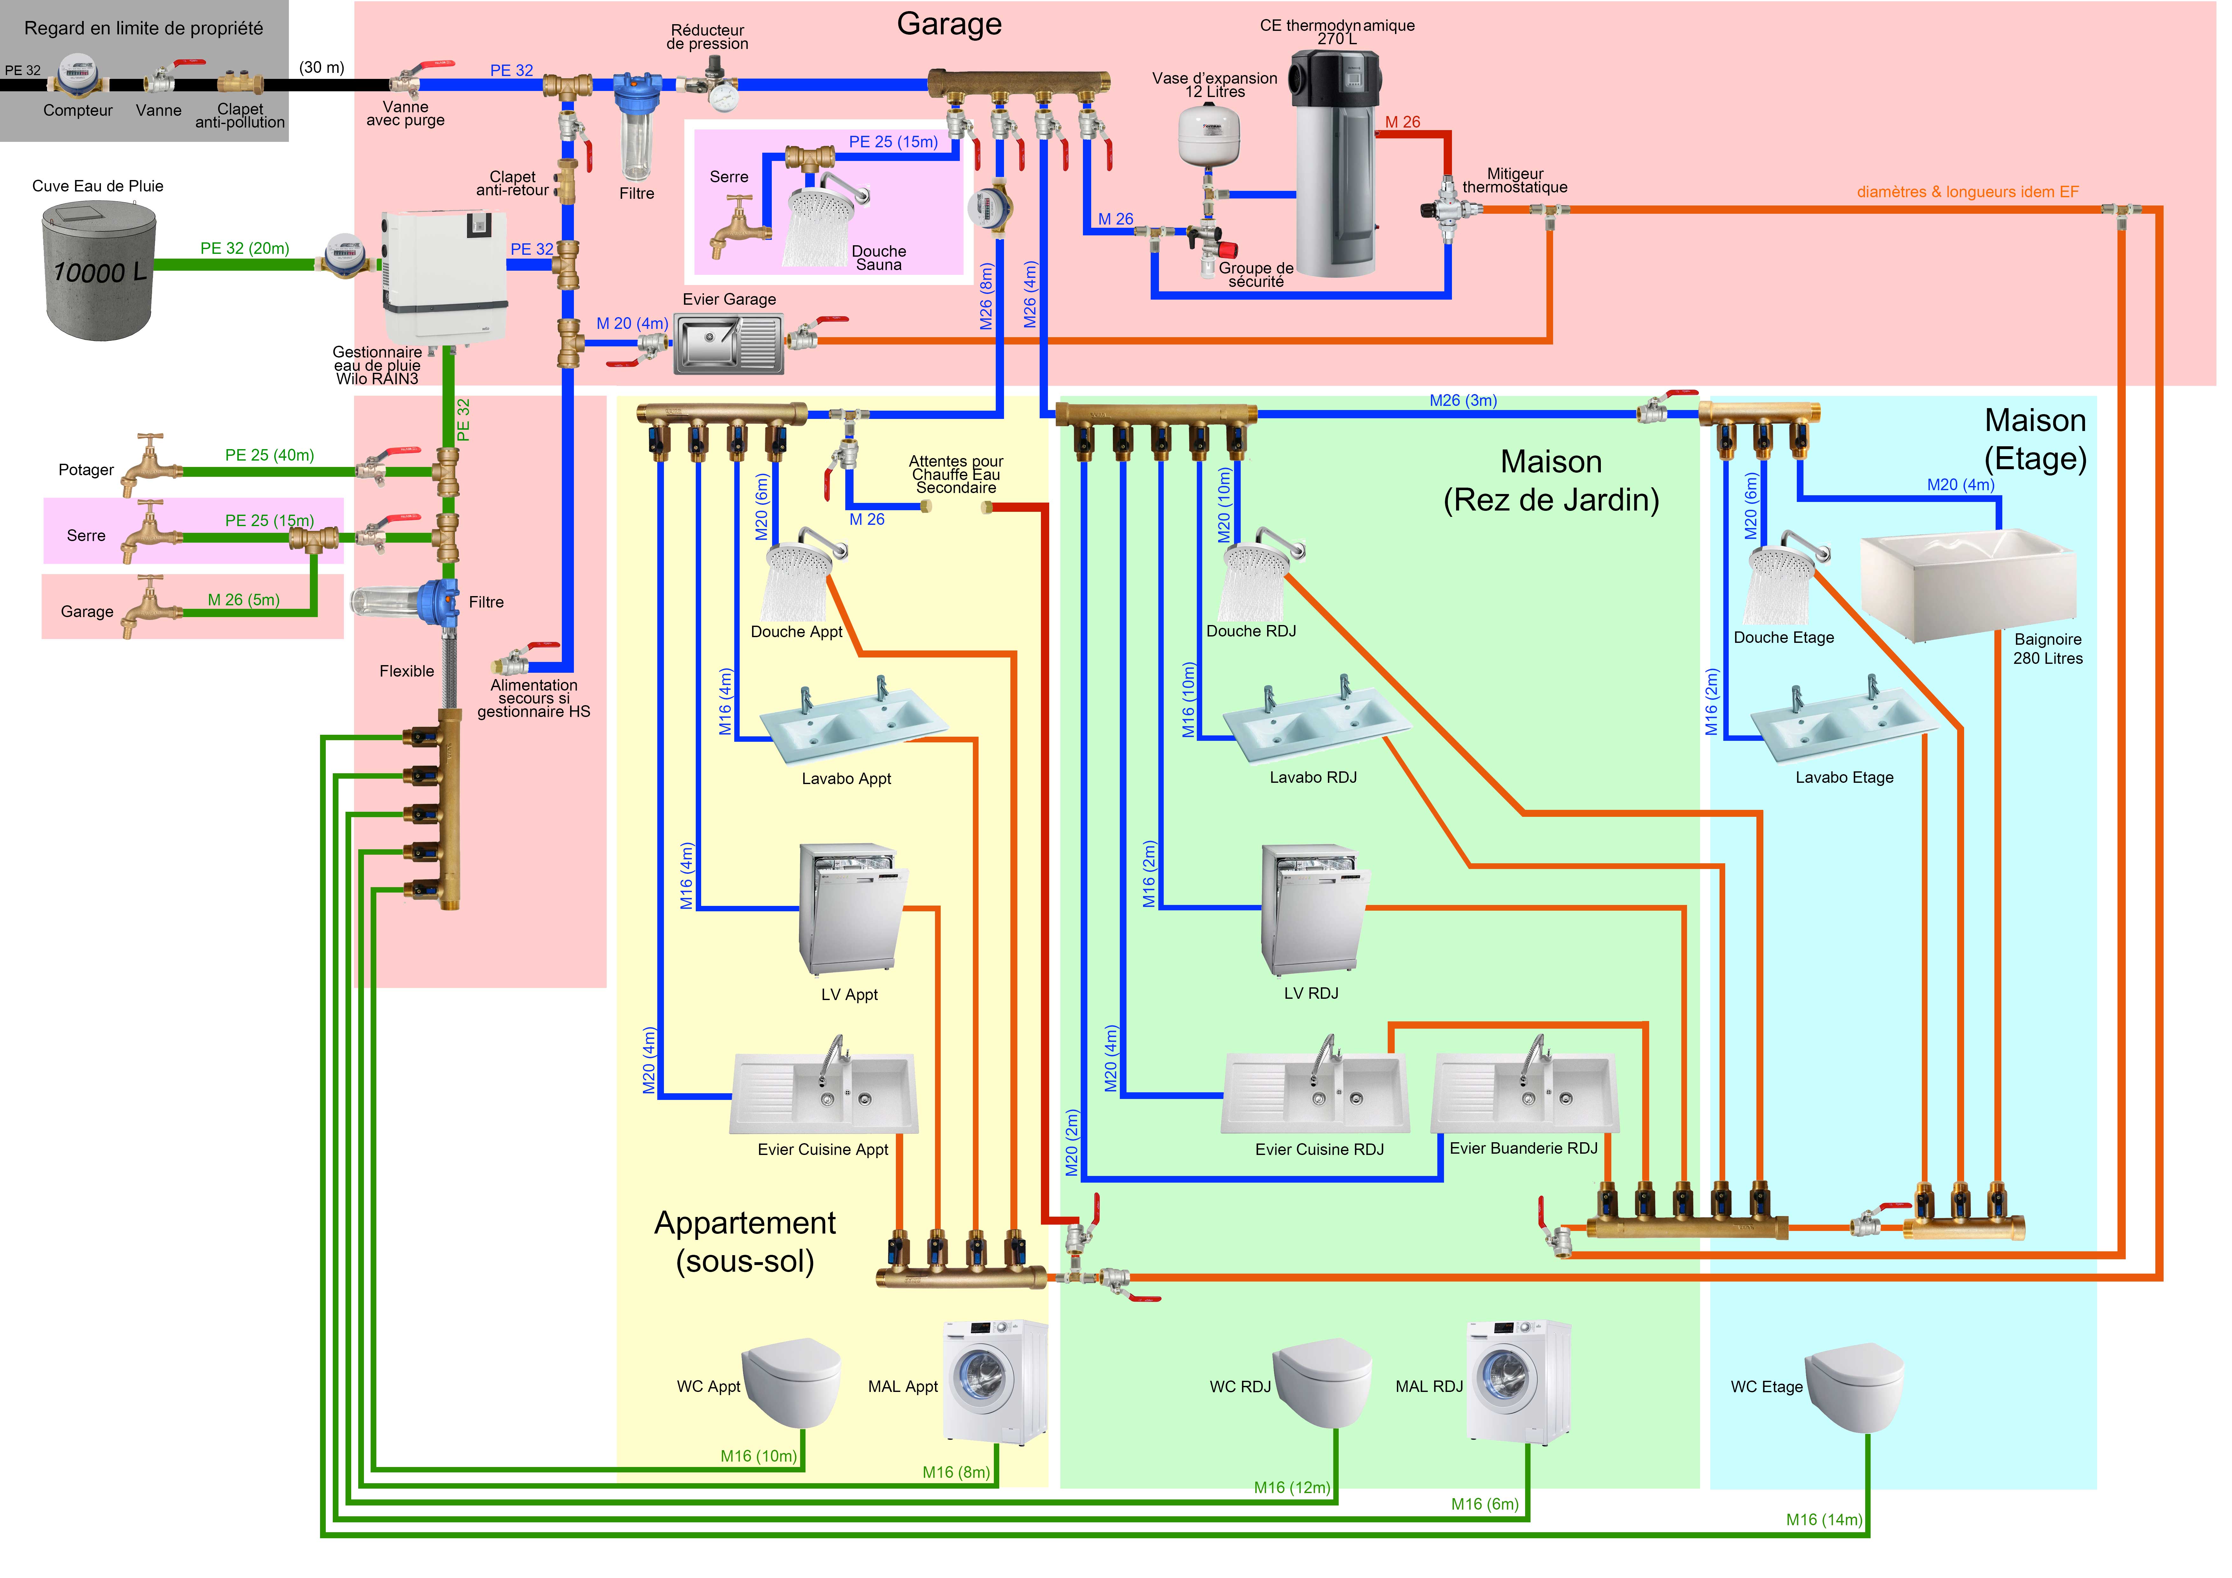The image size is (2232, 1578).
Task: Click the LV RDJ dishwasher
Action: [1312, 909]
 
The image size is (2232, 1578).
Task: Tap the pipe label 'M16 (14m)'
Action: [1823, 1520]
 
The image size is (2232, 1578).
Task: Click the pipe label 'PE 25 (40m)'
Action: [269, 455]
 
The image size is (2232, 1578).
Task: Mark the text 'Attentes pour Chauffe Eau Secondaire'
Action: [956, 475]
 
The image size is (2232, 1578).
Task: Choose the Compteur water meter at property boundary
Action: [78, 76]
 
